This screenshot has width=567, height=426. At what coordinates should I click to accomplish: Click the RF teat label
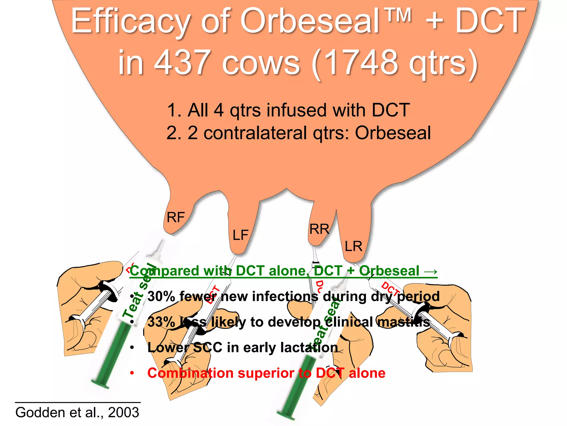pos(176,217)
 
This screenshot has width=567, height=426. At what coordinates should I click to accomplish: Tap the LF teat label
pos(240,235)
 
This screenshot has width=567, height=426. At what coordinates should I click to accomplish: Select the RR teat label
pos(319,229)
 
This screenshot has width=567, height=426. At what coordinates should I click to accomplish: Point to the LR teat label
pos(354,246)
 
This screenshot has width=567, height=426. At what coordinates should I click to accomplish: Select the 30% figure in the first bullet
pos(161,296)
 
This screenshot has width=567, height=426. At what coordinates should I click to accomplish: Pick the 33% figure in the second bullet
pos(161,322)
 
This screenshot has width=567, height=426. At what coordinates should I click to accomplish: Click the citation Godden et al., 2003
pos(77,412)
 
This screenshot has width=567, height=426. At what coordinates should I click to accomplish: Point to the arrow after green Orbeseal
pos(431,271)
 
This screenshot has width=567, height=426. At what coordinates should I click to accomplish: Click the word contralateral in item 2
pos(255,133)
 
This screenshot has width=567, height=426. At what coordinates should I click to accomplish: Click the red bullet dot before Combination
pos(132,373)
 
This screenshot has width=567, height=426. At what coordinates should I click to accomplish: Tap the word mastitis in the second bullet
pos(404,322)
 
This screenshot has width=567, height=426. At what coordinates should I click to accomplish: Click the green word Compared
pos(165,271)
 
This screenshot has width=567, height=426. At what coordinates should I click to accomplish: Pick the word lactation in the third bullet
pos(309,348)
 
